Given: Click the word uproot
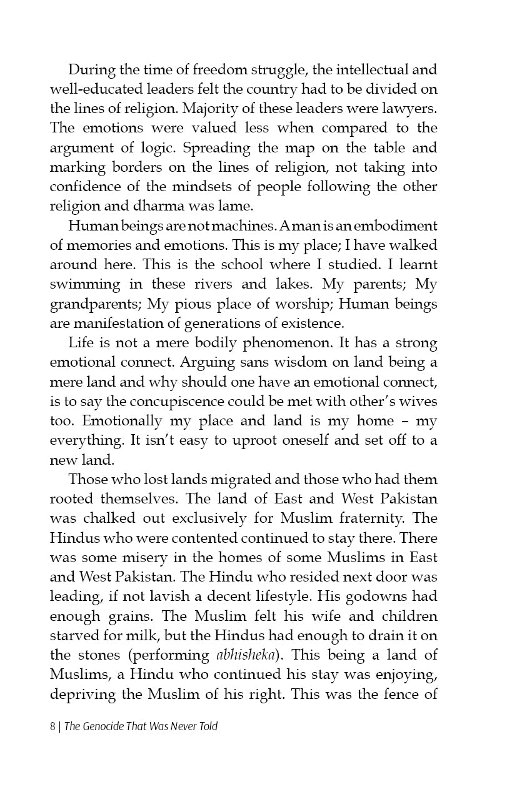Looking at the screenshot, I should click(x=247, y=441).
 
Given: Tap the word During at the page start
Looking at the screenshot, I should click(x=90, y=69).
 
